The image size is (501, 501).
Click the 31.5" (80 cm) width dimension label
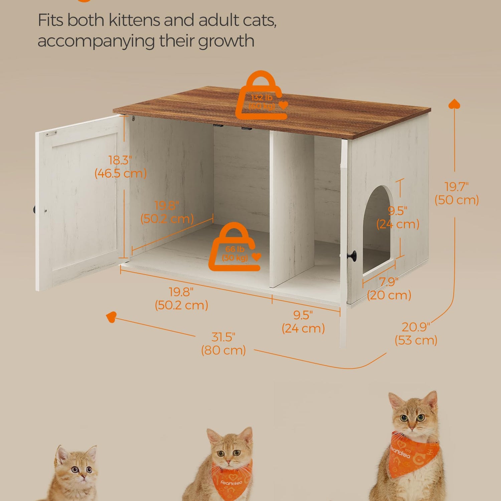point(223,344)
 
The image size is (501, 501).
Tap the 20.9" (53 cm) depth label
point(416,333)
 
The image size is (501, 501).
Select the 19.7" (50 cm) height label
point(457,193)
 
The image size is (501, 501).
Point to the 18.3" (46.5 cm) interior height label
point(121,167)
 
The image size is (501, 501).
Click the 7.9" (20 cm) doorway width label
point(389,289)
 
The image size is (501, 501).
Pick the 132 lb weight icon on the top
point(261,96)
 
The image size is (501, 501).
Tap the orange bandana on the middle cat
point(231,480)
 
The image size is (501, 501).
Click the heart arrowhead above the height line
point(454,104)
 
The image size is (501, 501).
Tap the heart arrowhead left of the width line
point(111,317)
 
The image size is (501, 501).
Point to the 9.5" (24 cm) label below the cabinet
point(303,322)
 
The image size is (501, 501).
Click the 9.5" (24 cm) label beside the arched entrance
point(397,217)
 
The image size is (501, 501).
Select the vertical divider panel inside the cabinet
point(291,209)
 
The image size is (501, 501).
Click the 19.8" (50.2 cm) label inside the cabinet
point(167,212)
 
